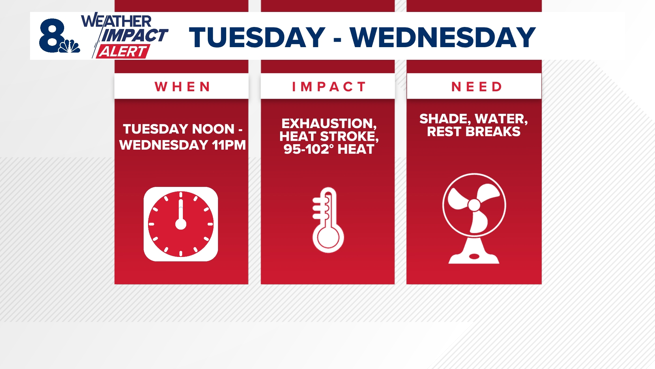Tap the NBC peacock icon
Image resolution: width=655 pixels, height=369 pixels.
pyautogui.click(x=70, y=46)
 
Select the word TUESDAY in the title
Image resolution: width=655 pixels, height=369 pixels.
pyautogui.click(x=257, y=37)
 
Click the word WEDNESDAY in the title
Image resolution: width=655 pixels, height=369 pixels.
pyautogui.click(x=443, y=37)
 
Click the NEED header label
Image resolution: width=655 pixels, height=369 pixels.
pyautogui.click(x=477, y=87)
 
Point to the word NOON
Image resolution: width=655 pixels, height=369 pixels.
pyautogui.click(x=213, y=129)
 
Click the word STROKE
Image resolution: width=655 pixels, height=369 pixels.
pyautogui.click(x=349, y=136)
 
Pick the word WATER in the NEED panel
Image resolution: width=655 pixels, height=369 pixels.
pyautogui.click(x=501, y=119)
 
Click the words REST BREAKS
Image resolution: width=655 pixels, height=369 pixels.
pyautogui.click(x=474, y=132)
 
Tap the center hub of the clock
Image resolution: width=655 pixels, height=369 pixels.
pyautogui.click(x=181, y=224)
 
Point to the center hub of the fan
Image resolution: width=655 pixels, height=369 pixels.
pyautogui.click(x=474, y=205)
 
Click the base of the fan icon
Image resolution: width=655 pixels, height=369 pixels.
pyautogui.click(x=474, y=257)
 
